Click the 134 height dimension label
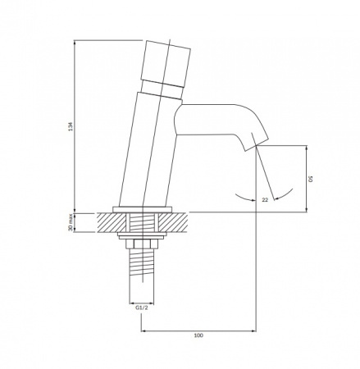pos(71,126)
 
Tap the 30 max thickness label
pos(71,222)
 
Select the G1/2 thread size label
pos(142,307)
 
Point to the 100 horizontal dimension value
pos(198,335)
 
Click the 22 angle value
pos(265,200)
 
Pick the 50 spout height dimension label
pos(311,180)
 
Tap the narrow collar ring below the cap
pos(162,89)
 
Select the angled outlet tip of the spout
pos(257,142)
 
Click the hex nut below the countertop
pos(142,244)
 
